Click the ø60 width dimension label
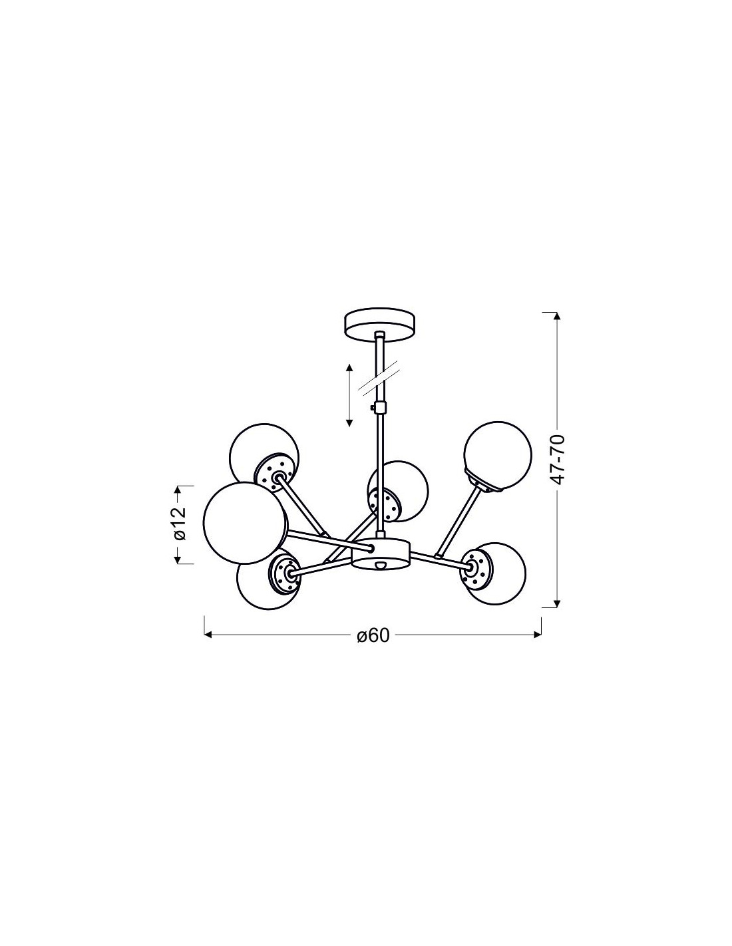[372, 635]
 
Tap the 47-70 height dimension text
[557, 459]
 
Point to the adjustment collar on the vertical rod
[381, 408]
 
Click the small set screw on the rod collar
[371, 408]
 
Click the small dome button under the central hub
[381, 565]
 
